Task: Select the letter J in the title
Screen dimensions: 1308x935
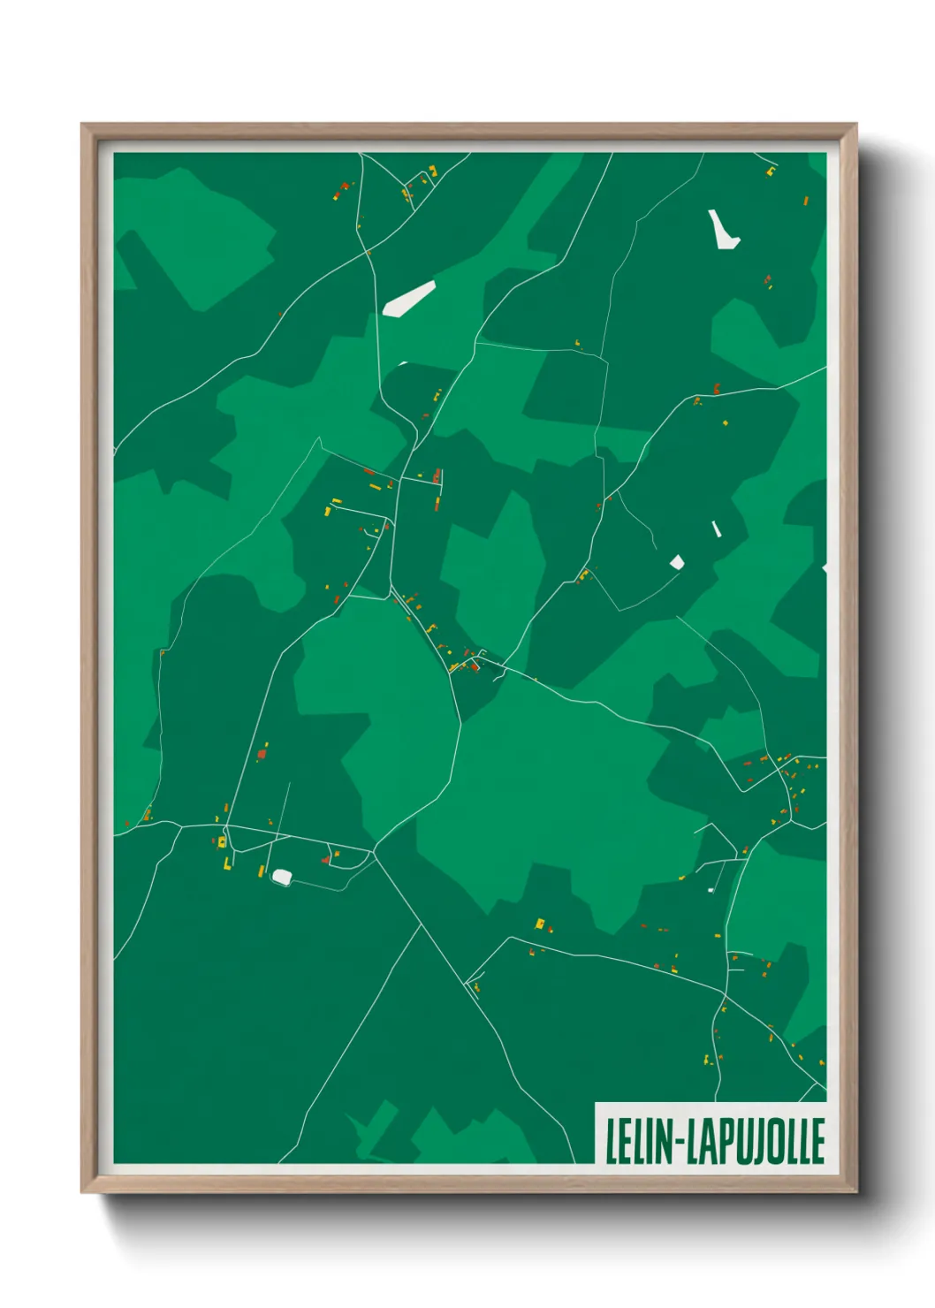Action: (757, 1141)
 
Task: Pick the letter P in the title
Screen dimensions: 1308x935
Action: (726, 1141)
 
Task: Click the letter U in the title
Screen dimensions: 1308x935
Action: (742, 1141)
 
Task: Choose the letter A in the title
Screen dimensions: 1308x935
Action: (710, 1141)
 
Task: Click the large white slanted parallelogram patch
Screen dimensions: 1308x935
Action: (408, 299)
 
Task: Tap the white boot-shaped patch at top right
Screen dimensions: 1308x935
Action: (722, 231)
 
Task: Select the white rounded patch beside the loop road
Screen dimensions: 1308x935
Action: (282, 876)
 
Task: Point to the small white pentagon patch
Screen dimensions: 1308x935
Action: (677, 562)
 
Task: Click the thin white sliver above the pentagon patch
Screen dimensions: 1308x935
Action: (716, 529)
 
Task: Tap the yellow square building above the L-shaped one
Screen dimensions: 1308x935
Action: (221, 842)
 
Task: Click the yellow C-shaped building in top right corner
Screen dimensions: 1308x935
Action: (771, 171)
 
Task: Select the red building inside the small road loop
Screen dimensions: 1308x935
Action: (326, 858)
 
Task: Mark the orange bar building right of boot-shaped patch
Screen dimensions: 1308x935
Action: (806, 202)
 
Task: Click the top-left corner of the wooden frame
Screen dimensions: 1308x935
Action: (82, 125)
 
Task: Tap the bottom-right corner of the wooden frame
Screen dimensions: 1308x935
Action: (855, 1192)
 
